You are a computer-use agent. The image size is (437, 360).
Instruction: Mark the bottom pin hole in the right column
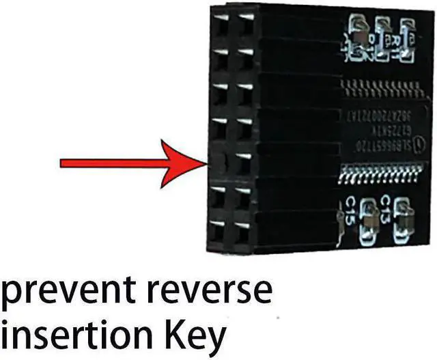pyautogui.click(x=242, y=229)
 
